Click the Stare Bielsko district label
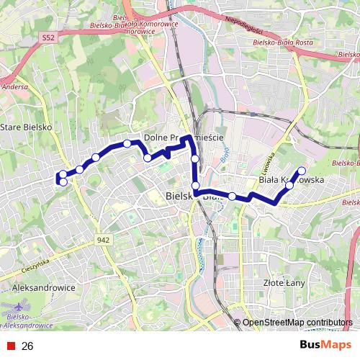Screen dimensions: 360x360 coord(26,127)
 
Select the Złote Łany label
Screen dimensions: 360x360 coord(284,283)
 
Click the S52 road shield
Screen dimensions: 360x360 coord(48,37)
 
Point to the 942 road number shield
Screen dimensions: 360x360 coord(103,240)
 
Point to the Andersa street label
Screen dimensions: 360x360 coord(16,86)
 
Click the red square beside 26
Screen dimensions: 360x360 coord(10,346)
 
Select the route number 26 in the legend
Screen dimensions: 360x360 coord(27,346)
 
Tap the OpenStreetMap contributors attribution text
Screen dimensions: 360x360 coord(297,323)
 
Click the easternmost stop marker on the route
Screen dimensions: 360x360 coord(302,171)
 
